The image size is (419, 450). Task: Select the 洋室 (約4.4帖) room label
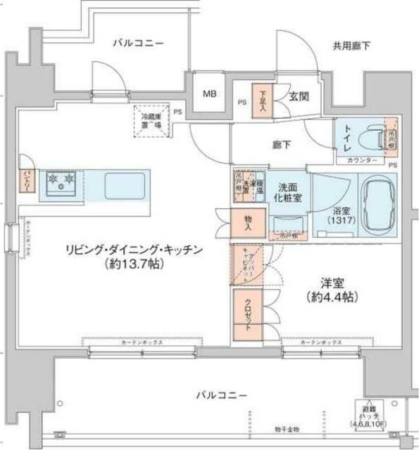330,290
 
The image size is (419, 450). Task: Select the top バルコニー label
138,44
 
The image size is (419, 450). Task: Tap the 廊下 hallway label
284,145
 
